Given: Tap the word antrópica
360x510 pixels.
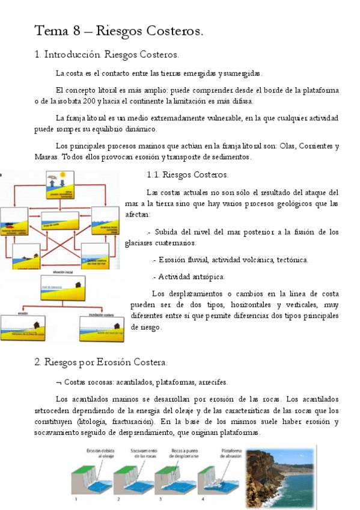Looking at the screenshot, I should (208, 277).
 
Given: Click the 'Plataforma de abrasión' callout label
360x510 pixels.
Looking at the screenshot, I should (234, 453).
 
